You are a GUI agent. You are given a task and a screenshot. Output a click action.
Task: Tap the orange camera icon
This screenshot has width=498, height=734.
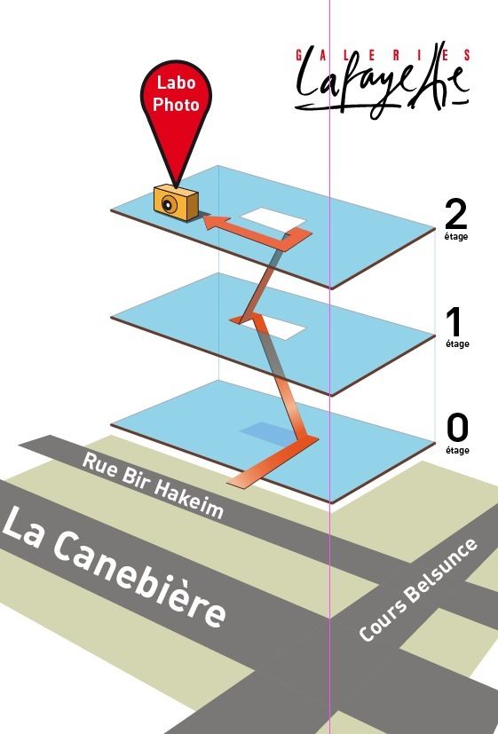[x=176, y=203]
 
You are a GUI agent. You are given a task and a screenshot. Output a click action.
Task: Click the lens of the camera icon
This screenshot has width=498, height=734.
[x=167, y=204]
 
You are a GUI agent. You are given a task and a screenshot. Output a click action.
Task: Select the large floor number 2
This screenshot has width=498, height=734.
[x=456, y=214]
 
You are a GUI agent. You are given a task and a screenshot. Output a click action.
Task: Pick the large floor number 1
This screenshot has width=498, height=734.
[x=455, y=322]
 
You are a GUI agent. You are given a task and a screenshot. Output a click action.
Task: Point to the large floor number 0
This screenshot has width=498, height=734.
[x=457, y=428]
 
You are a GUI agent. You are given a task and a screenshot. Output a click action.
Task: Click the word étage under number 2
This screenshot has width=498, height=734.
[x=456, y=237]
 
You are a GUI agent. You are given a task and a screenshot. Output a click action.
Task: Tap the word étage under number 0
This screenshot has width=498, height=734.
[x=457, y=450]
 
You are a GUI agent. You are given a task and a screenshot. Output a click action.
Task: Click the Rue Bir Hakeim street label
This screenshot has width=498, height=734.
[x=153, y=485]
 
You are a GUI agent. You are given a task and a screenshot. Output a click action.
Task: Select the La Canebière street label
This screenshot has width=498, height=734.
[x=114, y=566]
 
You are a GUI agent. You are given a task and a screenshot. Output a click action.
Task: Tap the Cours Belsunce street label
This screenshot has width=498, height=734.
[x=418, y=590]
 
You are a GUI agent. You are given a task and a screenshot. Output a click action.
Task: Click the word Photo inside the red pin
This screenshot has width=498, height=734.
[x=176, y=105]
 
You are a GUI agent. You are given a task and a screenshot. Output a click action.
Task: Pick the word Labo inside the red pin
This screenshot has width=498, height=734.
[x=176, y=83]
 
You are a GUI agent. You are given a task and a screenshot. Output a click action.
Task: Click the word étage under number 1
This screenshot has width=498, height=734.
[x=457, y=344]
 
